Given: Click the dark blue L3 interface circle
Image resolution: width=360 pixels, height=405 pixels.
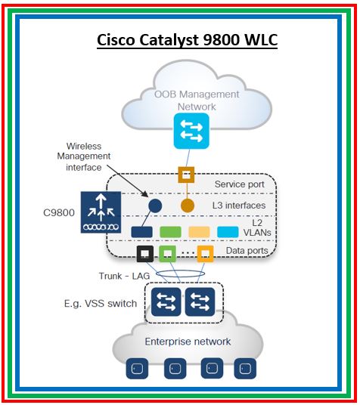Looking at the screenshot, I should [155, 206].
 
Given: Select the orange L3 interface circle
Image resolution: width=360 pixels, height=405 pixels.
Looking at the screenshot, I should [187, 206].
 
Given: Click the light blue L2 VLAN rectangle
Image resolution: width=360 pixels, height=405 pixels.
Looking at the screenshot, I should [229, 230].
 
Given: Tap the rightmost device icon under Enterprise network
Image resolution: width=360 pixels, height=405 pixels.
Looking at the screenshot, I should [243, 371].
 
